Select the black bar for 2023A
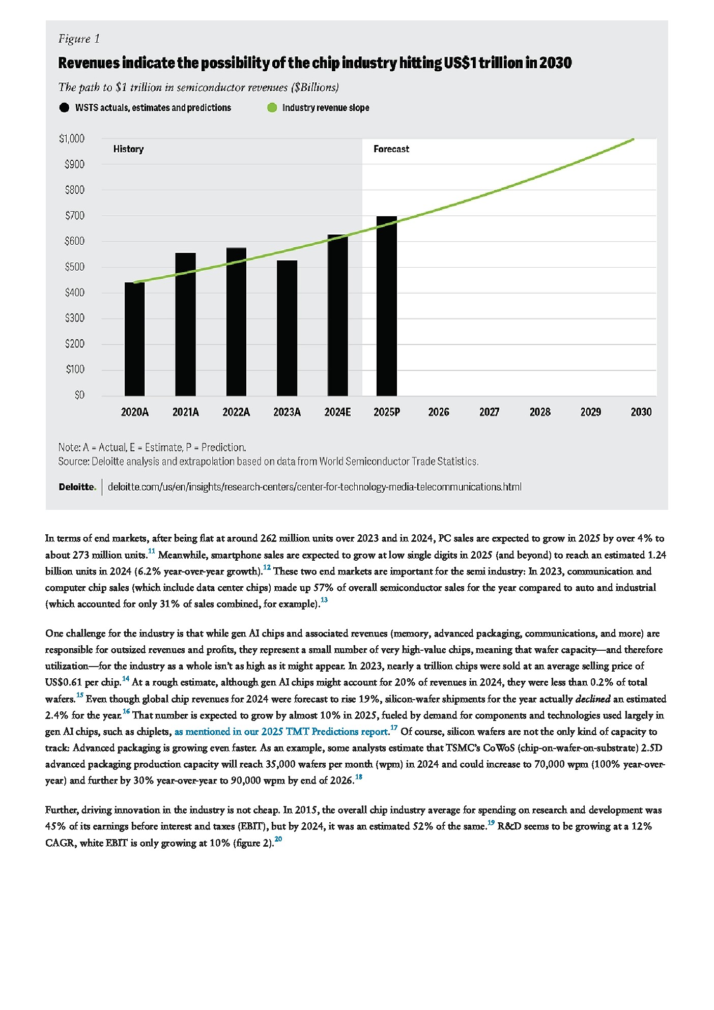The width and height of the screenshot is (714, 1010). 287,328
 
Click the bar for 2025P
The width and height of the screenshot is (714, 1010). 387,306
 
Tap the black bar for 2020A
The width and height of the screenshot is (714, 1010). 135,338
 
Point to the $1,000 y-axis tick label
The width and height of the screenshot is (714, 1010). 72,138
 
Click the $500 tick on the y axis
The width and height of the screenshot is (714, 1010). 74,267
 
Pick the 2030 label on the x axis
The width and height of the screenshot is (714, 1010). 641,412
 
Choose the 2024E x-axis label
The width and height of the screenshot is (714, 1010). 337,412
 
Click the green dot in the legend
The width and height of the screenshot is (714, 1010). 272,108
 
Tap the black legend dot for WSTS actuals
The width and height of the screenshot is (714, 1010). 64,108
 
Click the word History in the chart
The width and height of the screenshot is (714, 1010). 128,149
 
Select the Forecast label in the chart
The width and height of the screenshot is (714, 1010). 391,149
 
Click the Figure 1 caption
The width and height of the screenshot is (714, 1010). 79,39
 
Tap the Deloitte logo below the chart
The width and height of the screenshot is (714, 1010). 77,487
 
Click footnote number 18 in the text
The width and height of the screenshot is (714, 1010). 358,777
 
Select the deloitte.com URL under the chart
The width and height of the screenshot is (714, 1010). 315,487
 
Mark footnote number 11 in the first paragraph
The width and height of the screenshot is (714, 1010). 151,551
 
